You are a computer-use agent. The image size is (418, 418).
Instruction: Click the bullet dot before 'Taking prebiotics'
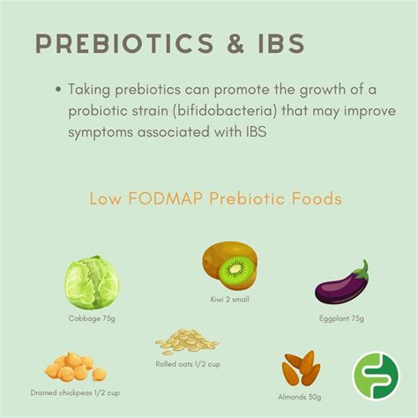(x=58, y=89)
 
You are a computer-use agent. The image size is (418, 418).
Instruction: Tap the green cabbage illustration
(x=90, y=281)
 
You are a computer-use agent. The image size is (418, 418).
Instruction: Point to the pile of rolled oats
(x=183, y=340)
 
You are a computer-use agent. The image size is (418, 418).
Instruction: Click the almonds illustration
(x=301, y=369)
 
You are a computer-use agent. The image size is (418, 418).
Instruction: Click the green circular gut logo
(x=377, y=377)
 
